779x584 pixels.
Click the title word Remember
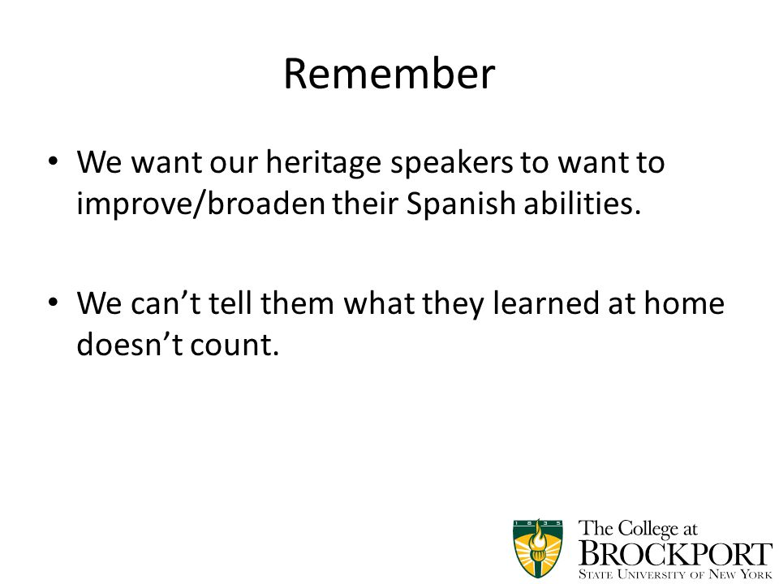point(389,74)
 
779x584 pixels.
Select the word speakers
point(451,163)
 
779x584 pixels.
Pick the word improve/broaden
point(200,203)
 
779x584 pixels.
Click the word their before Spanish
point(365,203)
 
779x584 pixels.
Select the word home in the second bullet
point(684,303)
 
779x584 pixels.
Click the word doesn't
point(130,344)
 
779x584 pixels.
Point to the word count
point(235,345)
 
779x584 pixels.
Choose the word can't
point(166,303)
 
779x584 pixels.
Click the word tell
point(230,303)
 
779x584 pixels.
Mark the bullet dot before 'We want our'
point(54,161)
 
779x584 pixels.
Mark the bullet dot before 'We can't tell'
point(54,302)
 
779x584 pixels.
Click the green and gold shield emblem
point(538,548)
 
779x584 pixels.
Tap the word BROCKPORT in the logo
point(676,554)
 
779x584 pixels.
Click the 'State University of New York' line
point(676,574)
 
